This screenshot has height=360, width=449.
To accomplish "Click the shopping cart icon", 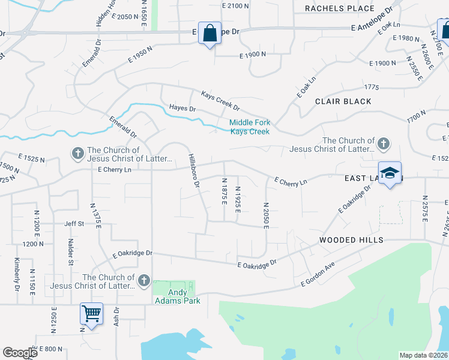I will [91, 313].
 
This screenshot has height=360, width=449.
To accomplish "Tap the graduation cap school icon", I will [390, 173].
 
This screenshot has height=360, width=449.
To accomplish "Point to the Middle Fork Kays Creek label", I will [250, 127].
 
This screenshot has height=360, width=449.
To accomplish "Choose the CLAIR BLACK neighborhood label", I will [343, 101].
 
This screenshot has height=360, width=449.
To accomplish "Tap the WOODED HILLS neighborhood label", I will [351, 240].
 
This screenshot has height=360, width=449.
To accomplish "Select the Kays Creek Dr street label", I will [220, 101].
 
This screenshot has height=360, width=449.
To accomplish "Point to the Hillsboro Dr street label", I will [193, 171].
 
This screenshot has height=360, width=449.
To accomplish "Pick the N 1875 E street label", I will [224, 191].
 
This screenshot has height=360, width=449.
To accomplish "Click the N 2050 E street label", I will [265, 214].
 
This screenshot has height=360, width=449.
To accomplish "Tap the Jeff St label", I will [74, 224].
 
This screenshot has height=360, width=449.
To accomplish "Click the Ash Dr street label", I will [117, 317].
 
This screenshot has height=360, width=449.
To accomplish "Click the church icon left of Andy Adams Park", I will [143, 281].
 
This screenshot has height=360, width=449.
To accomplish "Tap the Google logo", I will [20, 353].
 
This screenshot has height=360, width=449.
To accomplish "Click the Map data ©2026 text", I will [423, 355].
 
